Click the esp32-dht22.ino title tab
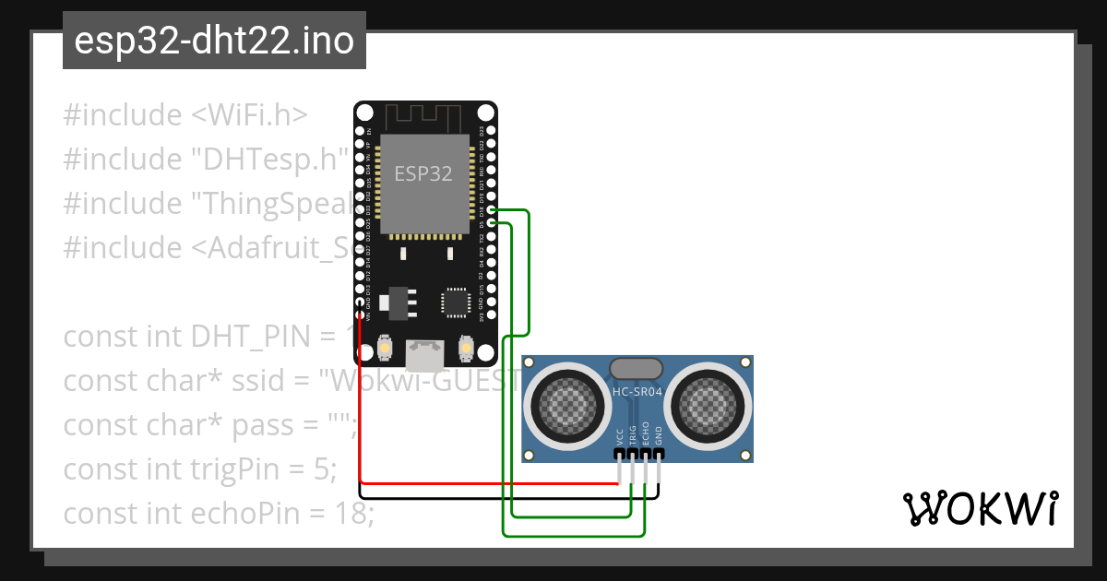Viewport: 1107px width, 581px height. [214, 41]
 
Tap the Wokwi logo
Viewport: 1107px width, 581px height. [979, 508]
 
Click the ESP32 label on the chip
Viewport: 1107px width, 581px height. [423, 173]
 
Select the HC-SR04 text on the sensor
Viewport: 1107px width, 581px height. [637, 392]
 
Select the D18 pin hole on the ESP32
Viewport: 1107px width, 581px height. [493, 211]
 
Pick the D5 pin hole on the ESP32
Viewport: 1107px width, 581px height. [493, 224]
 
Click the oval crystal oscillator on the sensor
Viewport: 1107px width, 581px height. [637, 368]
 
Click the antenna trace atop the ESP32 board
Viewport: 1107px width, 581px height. [423, 117]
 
